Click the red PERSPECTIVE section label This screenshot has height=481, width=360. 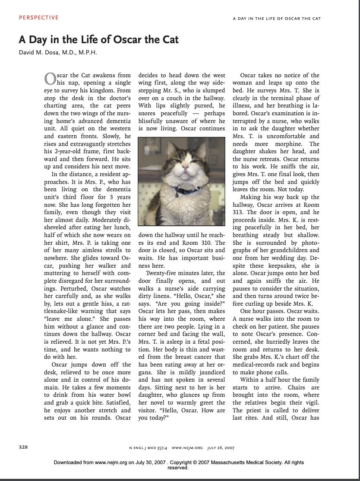point(39,18)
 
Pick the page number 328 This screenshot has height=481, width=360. point(23,447)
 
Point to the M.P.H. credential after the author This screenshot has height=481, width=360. point(88,53)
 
